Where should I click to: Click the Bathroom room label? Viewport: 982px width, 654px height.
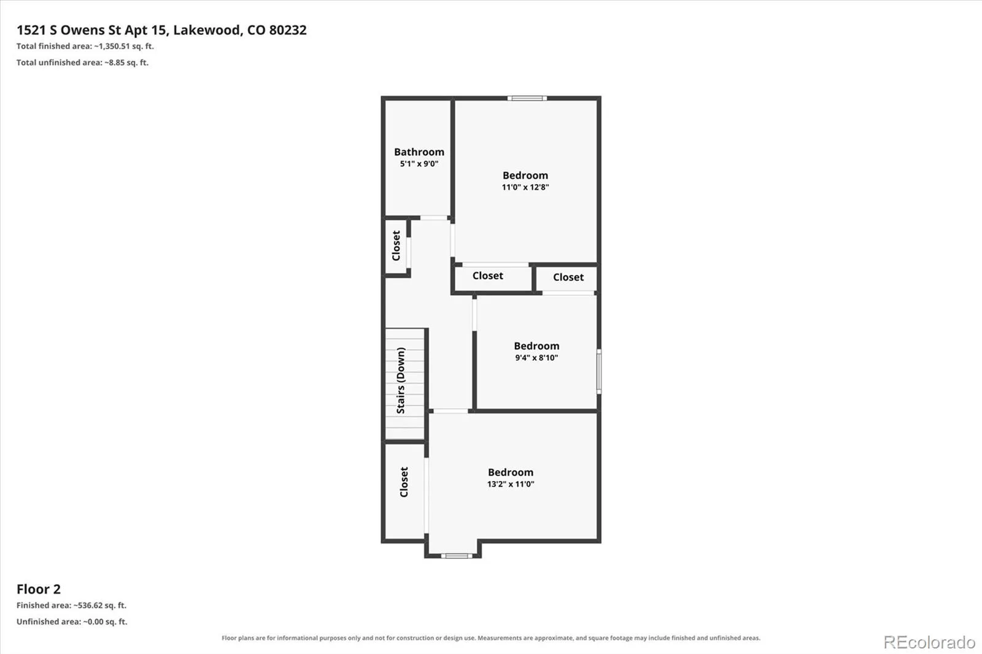(419, 152)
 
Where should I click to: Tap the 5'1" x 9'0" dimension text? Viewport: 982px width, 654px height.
(419, 163)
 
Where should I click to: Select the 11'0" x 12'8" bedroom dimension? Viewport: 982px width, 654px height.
(525, 187)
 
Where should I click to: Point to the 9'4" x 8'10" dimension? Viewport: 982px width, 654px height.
(536, 358)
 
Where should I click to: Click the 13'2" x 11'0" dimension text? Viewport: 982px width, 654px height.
(510, 484)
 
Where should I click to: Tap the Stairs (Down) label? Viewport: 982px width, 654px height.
(400, 380)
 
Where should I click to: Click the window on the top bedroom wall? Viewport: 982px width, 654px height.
(527, 98)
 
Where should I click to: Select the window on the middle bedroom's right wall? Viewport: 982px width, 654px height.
(599, 371)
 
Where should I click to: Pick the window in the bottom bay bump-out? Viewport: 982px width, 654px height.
(457, 556)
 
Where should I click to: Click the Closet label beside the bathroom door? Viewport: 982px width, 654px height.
(396, 246)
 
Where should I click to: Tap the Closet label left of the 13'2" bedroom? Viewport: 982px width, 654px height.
(404, 482)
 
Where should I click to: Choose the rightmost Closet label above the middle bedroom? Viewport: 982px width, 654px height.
(568, 277)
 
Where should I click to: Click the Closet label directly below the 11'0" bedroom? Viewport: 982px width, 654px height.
(487, 275)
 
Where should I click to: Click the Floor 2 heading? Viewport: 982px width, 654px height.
(39, 589)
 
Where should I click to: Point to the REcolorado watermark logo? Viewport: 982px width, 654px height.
(929, 642)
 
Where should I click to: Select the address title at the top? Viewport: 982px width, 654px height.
(161, 30)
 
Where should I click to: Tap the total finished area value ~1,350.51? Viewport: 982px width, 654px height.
(112, 46)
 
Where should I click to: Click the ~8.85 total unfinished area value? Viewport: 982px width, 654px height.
(114, 63)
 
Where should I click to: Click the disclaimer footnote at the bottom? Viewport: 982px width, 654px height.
(491, 638)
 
